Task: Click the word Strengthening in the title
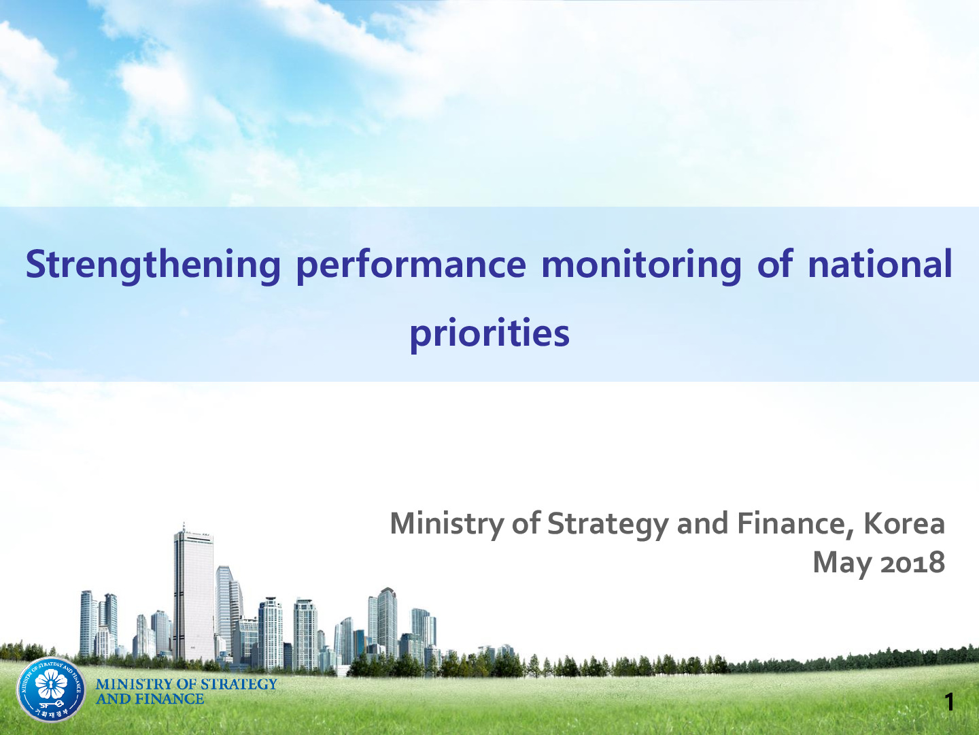[153, 265]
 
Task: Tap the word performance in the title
[411, 267]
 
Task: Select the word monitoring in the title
[641, 267]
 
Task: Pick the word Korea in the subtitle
[904, 523]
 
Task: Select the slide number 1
[949, 702]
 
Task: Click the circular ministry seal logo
[51, 689]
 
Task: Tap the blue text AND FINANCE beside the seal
[150, 699]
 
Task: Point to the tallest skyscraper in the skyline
[194, 593]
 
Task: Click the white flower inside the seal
[51, 685]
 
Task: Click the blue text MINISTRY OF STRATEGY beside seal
[186, 684]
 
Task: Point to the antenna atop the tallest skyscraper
[184, 527]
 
